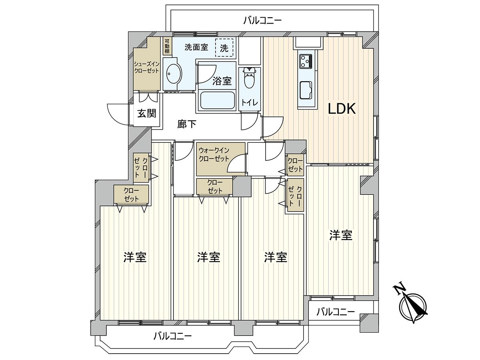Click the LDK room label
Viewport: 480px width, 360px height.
point(342,109)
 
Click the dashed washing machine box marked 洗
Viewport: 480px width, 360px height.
point(224,48)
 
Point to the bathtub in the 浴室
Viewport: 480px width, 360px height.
point(217,100)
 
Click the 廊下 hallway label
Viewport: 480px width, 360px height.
point(187,124)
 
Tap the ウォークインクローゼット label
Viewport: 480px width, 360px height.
point(214,154)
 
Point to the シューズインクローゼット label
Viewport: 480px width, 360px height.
point(146,68)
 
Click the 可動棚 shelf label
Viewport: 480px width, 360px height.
point(166,46)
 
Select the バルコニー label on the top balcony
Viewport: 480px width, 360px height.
point(262,20)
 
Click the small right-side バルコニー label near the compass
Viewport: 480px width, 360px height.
point(335,312)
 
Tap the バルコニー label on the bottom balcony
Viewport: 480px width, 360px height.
point(172,336)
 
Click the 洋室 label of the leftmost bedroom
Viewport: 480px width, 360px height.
point(135,257)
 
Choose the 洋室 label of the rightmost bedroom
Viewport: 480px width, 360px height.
point(341,235)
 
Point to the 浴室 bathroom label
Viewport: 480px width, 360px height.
point(222,81)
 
